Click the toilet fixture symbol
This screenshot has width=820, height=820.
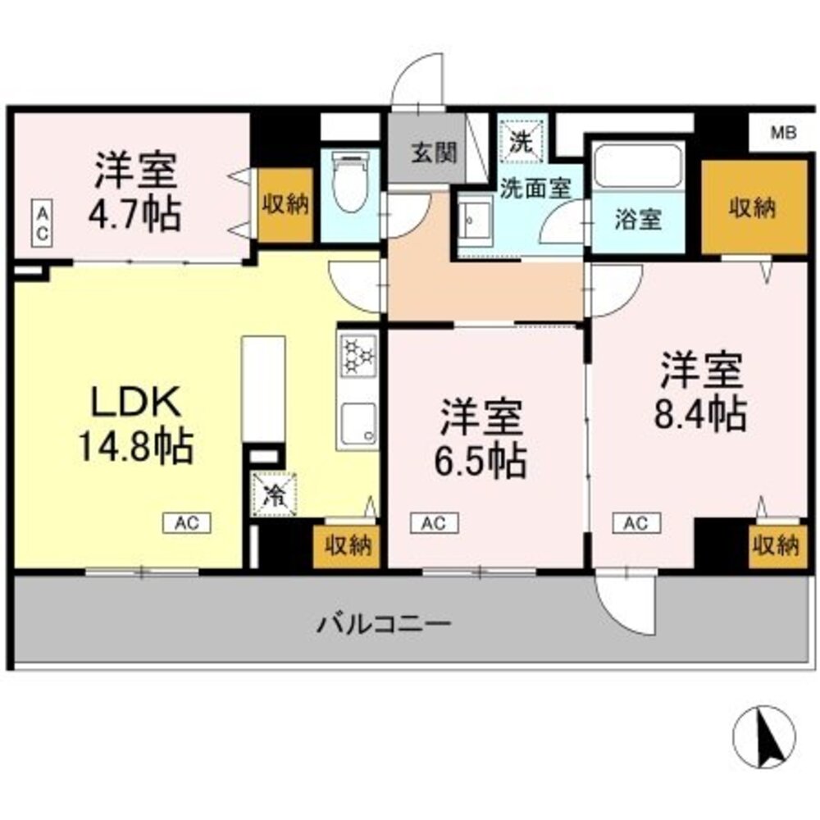(x=350, y=184)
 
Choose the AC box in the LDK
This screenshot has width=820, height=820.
(x=186, y=522)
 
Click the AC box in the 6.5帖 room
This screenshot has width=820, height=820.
(x=435, y=522)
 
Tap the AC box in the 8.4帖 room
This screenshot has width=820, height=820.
(x=637, y=522)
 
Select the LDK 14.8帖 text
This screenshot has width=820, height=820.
(x=134, y=424)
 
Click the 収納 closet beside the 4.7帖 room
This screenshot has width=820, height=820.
(x=285, y=205)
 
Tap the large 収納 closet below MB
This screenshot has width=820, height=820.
(x=754, y=208)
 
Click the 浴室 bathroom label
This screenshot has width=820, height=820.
(x=638, y=220)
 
